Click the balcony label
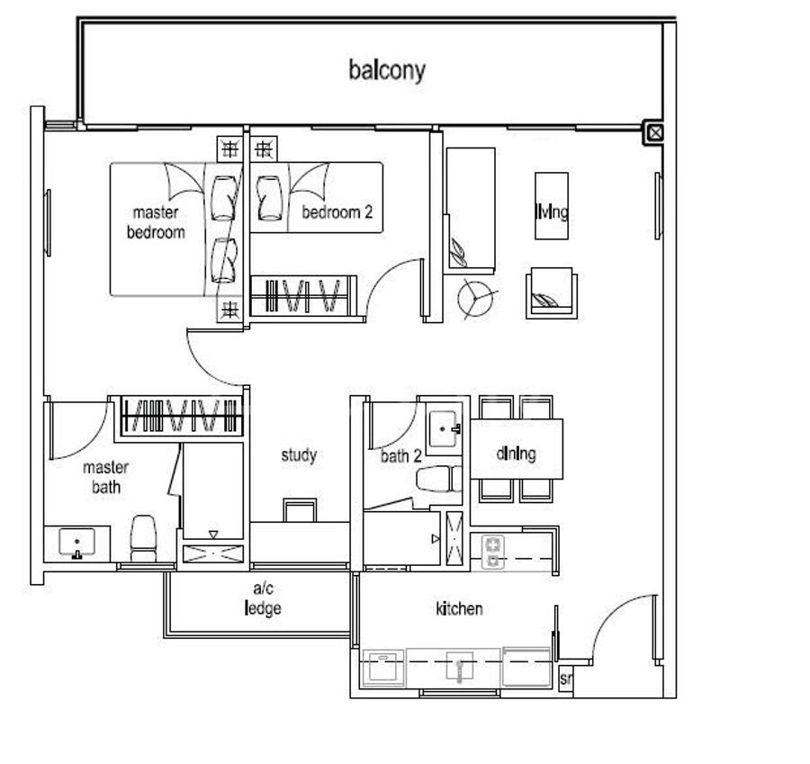pos(387,71)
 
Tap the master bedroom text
pos(156,222)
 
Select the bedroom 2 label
pos(337,211)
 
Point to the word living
pos(551,211)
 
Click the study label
pos(299,455)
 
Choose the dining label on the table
pos(516,454)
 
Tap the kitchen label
pos(459,608)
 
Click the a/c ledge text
pos(263,598)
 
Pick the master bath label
pos(106,477)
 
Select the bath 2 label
pos(400,455)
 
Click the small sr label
pos(566,679)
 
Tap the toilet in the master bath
pos(143,538)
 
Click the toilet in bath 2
pos(438,479)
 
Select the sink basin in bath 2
pos(444,428)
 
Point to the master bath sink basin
pos(77,543)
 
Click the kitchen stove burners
pos(493,552)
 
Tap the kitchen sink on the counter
pos(460,667)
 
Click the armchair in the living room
pos(551,292)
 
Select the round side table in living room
pos(475,299)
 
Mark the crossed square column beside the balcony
pos(655,133)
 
